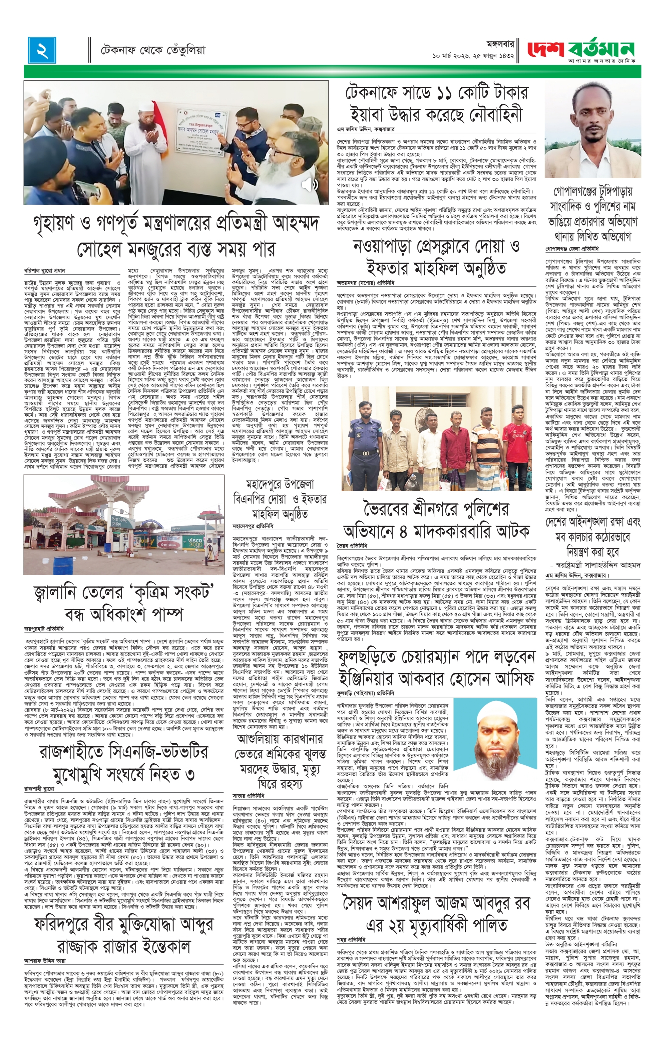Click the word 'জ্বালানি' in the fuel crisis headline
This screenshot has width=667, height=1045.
(58, 593)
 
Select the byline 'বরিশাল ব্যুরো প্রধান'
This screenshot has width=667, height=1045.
(44, 270)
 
